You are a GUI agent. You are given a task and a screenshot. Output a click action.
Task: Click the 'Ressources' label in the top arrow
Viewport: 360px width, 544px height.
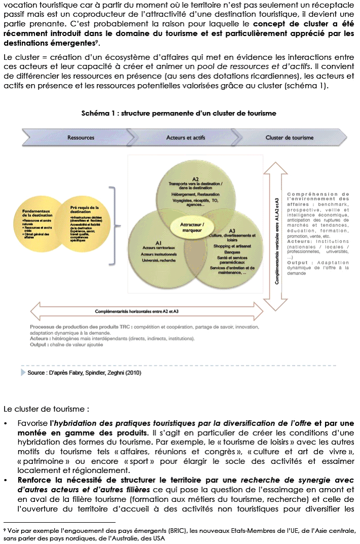(x=81, y=137)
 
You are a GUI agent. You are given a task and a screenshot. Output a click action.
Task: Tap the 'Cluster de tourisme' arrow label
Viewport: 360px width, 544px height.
(x=289, y=137)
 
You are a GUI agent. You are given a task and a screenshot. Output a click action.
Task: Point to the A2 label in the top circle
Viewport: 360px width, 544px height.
(x=195, y=179)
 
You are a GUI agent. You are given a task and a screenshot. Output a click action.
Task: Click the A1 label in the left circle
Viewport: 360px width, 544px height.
(x=159, y=243)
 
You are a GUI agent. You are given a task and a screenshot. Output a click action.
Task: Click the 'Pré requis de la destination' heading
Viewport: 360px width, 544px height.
(x=85, y=210)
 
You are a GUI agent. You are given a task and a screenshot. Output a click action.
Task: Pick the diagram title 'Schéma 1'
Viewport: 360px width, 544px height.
(x=178, y=114)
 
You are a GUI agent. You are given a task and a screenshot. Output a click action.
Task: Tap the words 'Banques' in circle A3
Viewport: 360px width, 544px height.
(x=233, y=252)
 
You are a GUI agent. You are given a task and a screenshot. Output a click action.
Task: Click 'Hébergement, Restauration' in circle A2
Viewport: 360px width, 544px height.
(x=195, y=194)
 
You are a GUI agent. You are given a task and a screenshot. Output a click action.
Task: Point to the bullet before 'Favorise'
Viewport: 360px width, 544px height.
(x=6, y=423)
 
